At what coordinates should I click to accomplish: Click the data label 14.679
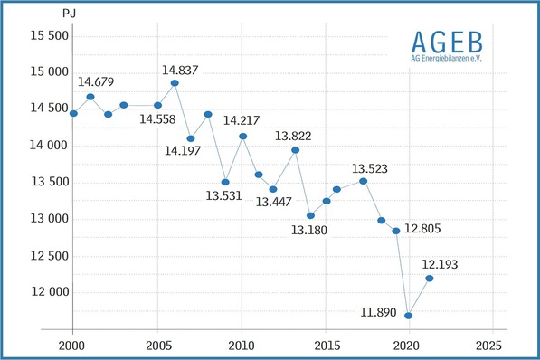coord(94,83)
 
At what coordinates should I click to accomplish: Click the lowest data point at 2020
coord(409,316)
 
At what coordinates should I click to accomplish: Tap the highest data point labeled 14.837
coord(175,83)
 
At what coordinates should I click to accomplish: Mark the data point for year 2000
coord(73,113)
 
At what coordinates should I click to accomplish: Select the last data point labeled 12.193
coord(430,278)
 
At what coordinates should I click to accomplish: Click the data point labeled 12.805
coord(395,231)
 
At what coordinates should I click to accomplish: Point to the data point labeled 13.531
coord(225,182)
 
